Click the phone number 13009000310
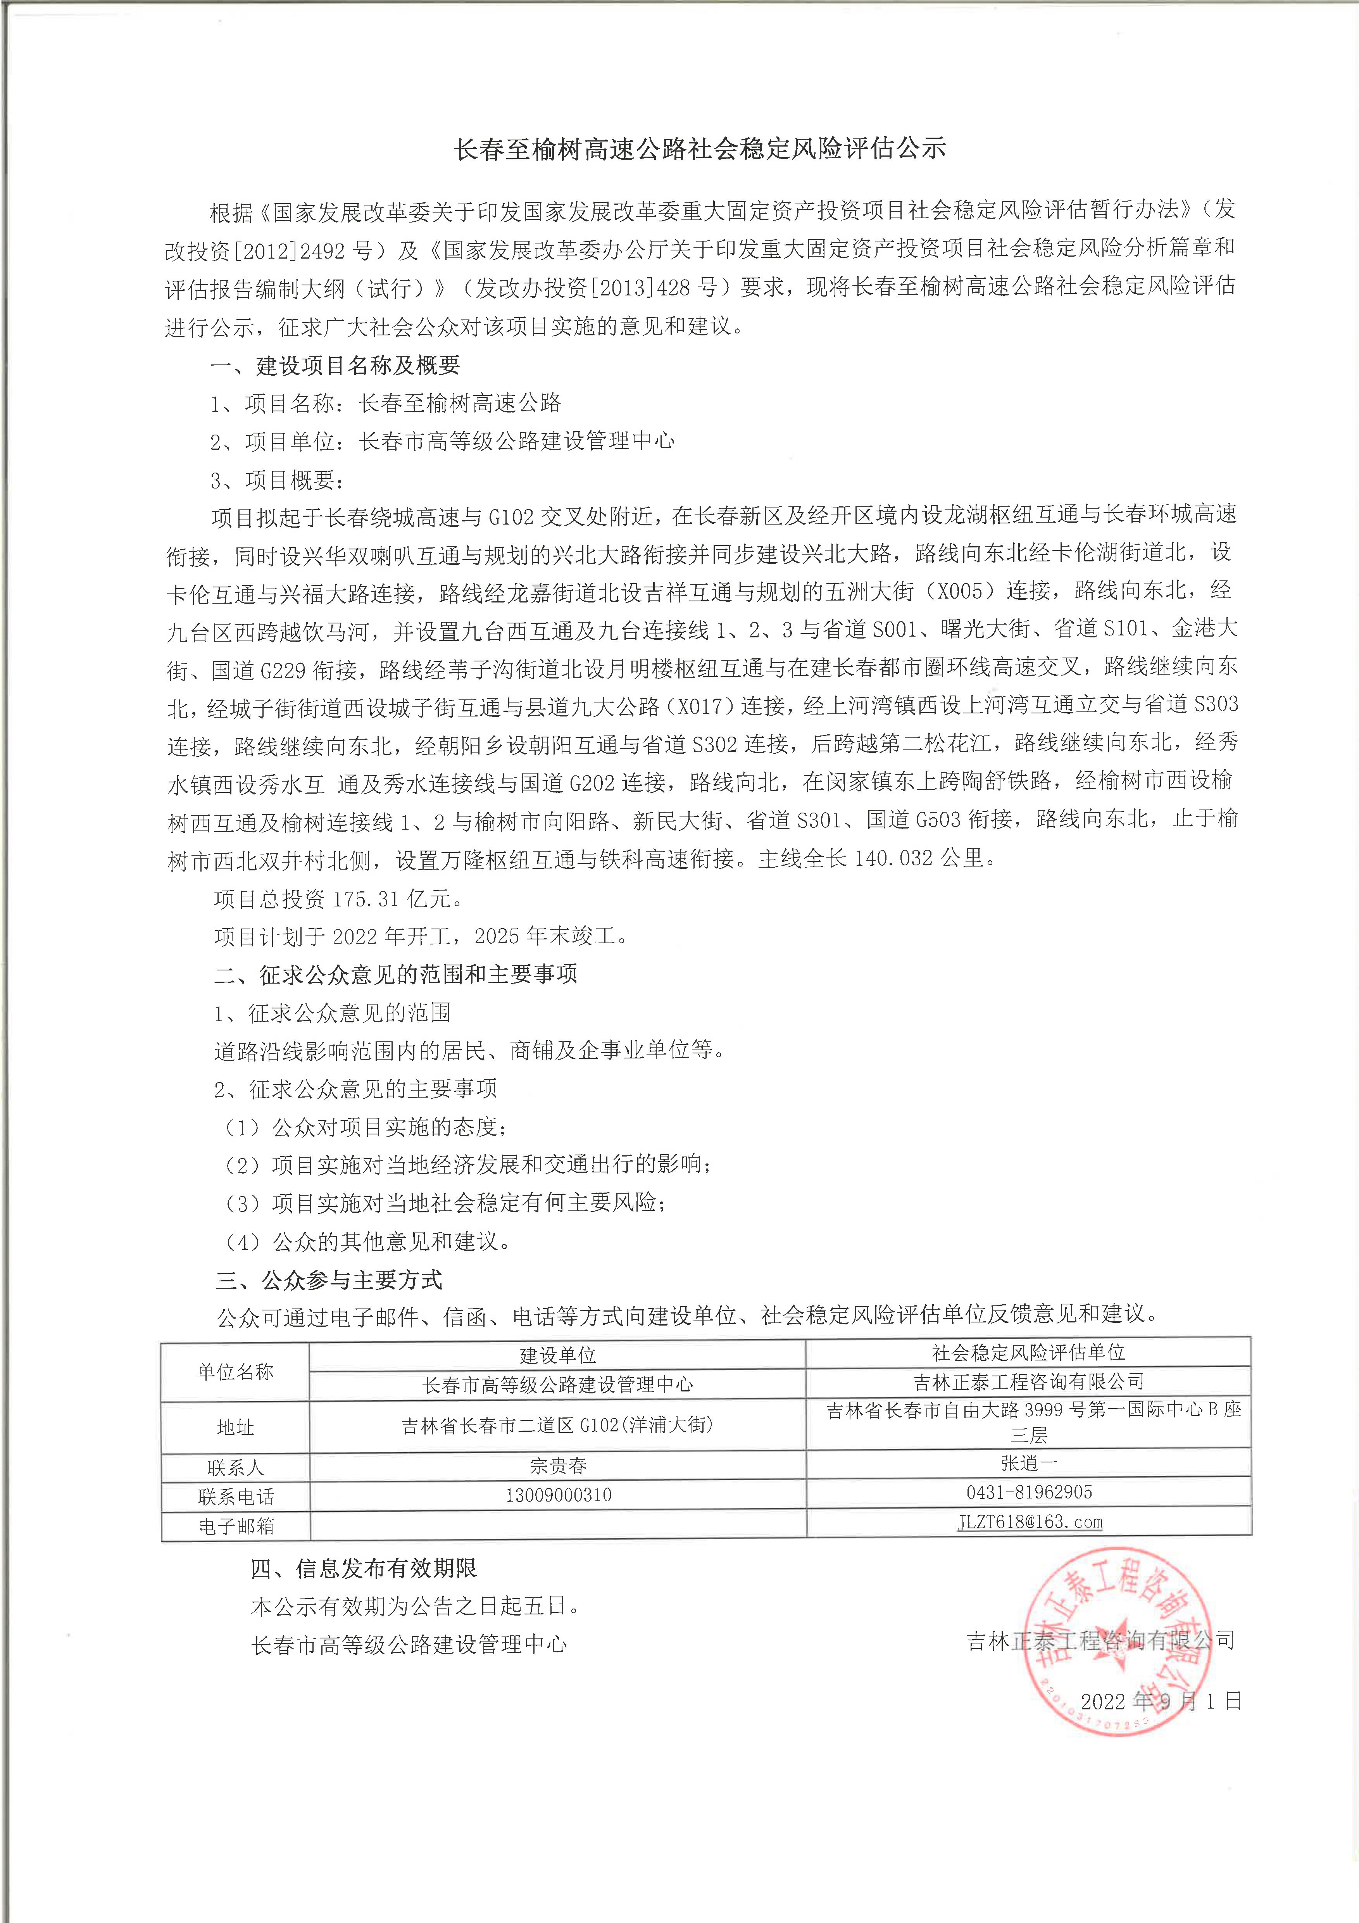tap(559, 1495)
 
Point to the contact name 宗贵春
tap(559, 1466)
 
